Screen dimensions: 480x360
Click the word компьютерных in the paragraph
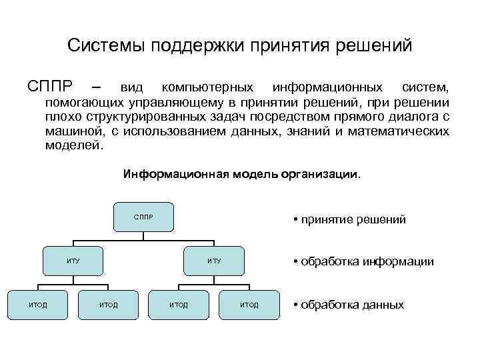[x=207, y=87]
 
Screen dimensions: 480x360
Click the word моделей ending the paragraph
[x=71, y=145]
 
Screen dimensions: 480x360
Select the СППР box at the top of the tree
[x=143, y=217]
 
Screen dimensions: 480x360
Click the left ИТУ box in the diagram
[x=73, y=261]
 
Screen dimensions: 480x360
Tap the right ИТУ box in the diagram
[x=214, y=261]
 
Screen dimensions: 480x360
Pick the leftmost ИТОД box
[x=37, y=305]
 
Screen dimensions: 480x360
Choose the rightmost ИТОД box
[x=249, y=305]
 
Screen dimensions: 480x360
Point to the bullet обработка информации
[x=363, y=261]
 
